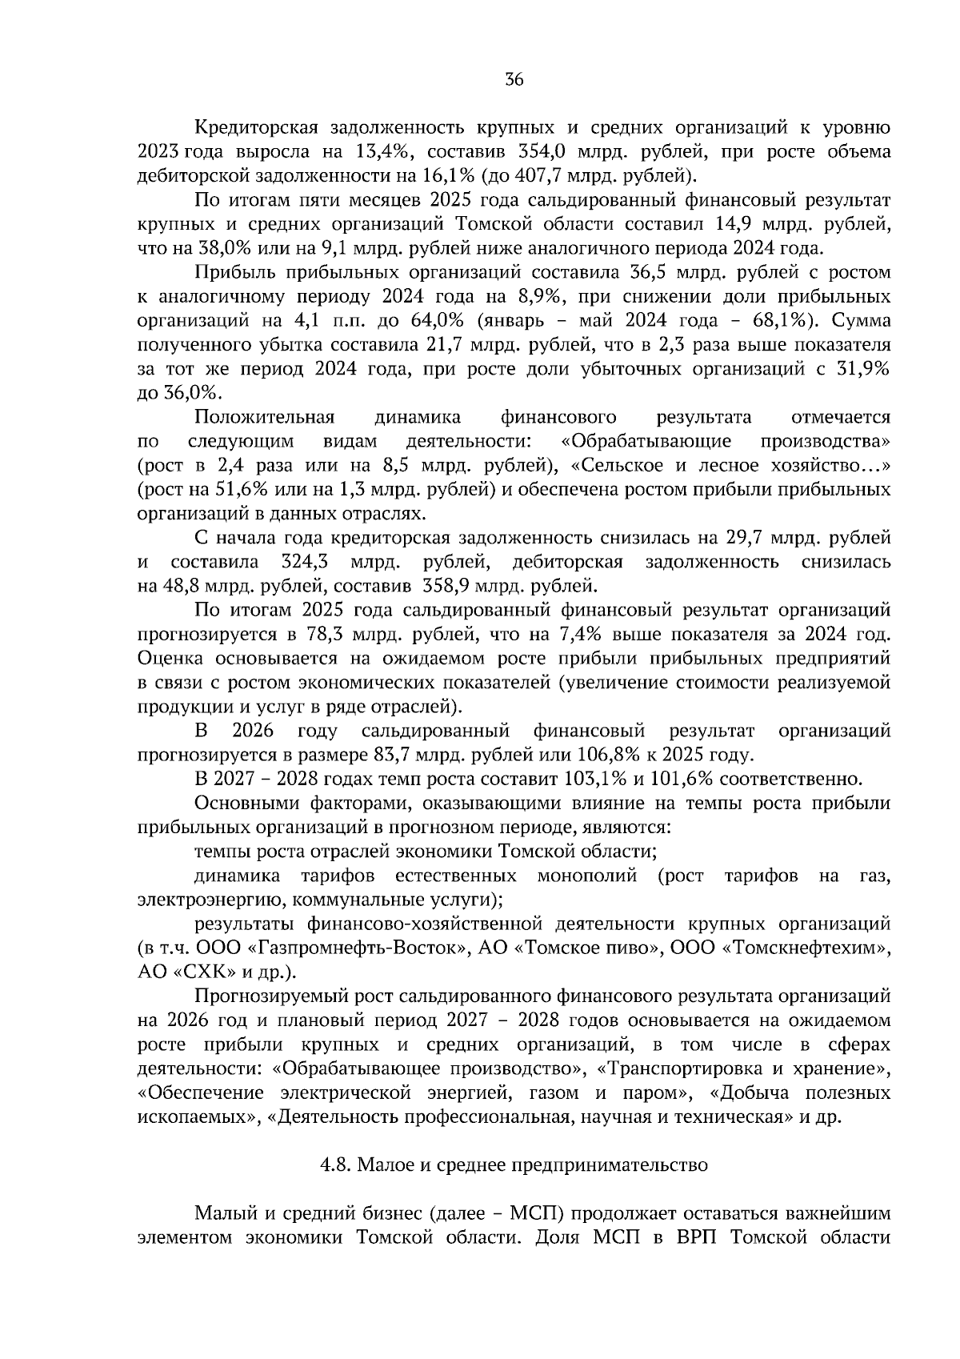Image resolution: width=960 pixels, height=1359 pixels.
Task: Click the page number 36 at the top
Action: pos(514,79)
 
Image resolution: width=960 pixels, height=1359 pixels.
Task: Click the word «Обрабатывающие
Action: pos(646,441)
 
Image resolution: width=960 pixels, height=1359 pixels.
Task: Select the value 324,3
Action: pos(308,561)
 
